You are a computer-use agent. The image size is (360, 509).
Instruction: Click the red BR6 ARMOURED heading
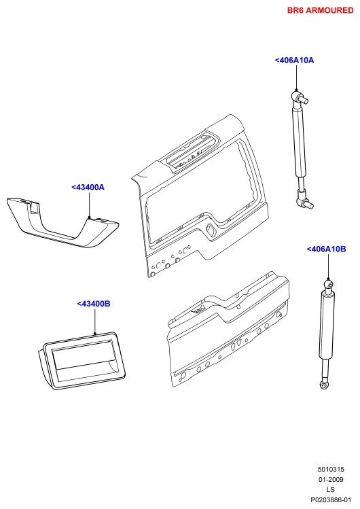(x=320, y=10)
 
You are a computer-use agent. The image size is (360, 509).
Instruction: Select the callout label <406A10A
(x=294, y=60)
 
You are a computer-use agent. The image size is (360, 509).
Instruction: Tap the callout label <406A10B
(x=326, y=249)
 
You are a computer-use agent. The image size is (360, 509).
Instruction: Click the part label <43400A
(x=88, y=188)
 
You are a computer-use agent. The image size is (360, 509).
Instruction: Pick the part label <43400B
(x=94, y=304)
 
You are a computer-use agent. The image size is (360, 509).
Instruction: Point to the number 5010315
(x=331, y=470)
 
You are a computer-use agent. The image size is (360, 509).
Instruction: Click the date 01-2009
(x=331, y=480)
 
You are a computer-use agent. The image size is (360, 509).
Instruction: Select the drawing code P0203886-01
(x=331, y=500)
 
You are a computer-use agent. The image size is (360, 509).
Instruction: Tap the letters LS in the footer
(x=331, y=489)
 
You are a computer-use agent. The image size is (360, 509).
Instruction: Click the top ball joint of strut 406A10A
(x=298, y=96)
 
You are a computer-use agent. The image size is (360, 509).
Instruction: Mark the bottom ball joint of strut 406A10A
(x=304, y=200)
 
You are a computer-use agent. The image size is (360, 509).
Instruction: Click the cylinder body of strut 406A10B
(x=328, y=325)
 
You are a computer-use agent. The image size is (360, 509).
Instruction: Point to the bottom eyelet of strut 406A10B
(x=324, y=385)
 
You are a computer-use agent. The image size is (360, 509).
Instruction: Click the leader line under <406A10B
(x=328, y=266)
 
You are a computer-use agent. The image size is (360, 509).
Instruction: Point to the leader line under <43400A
(x=89, y=205)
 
